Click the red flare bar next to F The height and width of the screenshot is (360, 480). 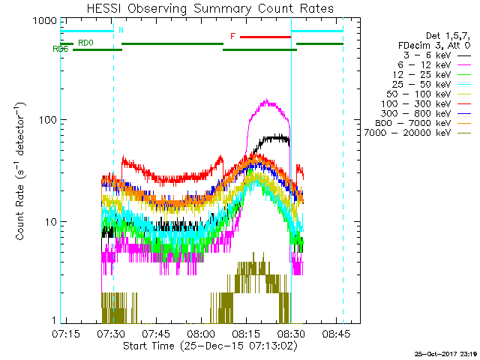[265, 36]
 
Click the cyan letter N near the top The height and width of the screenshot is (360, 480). [120, 31]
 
